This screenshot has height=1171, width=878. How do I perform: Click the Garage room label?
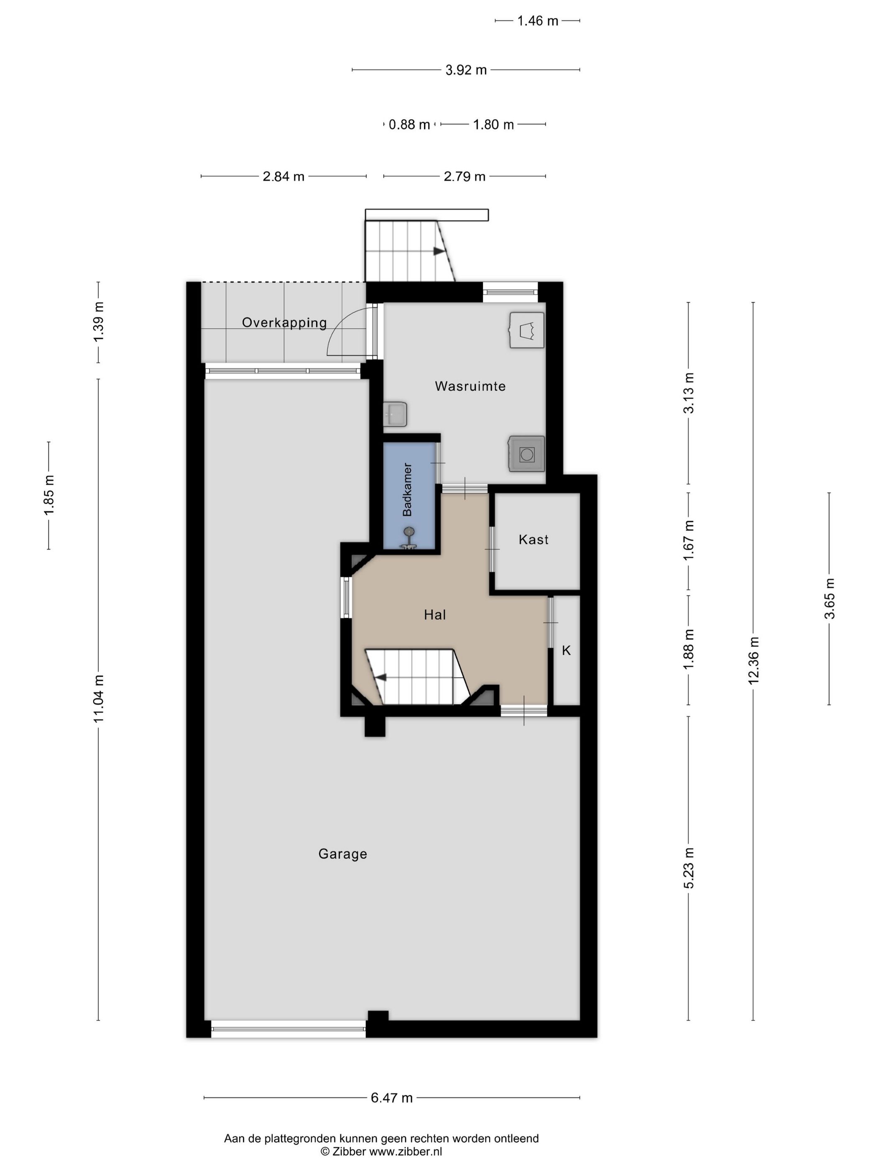tap(342, 854)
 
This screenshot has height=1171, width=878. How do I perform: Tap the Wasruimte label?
tap(470, 386)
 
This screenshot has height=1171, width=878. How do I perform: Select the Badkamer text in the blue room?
tap(407, 489)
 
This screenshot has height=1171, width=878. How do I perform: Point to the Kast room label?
tap(533, 539)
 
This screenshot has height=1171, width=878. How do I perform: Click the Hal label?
tap(435, 615)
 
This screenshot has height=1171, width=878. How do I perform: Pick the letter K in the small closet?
tap(566, 651)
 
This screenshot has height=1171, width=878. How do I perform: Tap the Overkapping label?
tap(284, 322)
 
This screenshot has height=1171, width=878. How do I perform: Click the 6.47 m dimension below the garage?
tap(392, 1098)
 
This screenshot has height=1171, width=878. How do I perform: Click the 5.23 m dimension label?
tap(689, 868)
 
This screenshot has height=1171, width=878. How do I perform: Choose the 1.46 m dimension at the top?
tap(538, 20)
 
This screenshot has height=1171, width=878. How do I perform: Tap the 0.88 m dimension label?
tap(409, 124)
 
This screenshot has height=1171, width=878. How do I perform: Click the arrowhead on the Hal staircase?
tap(380, 677)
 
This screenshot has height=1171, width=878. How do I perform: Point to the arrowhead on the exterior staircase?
tap(439, 251)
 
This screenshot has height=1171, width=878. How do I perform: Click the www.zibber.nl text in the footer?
tap(406, 1151)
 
